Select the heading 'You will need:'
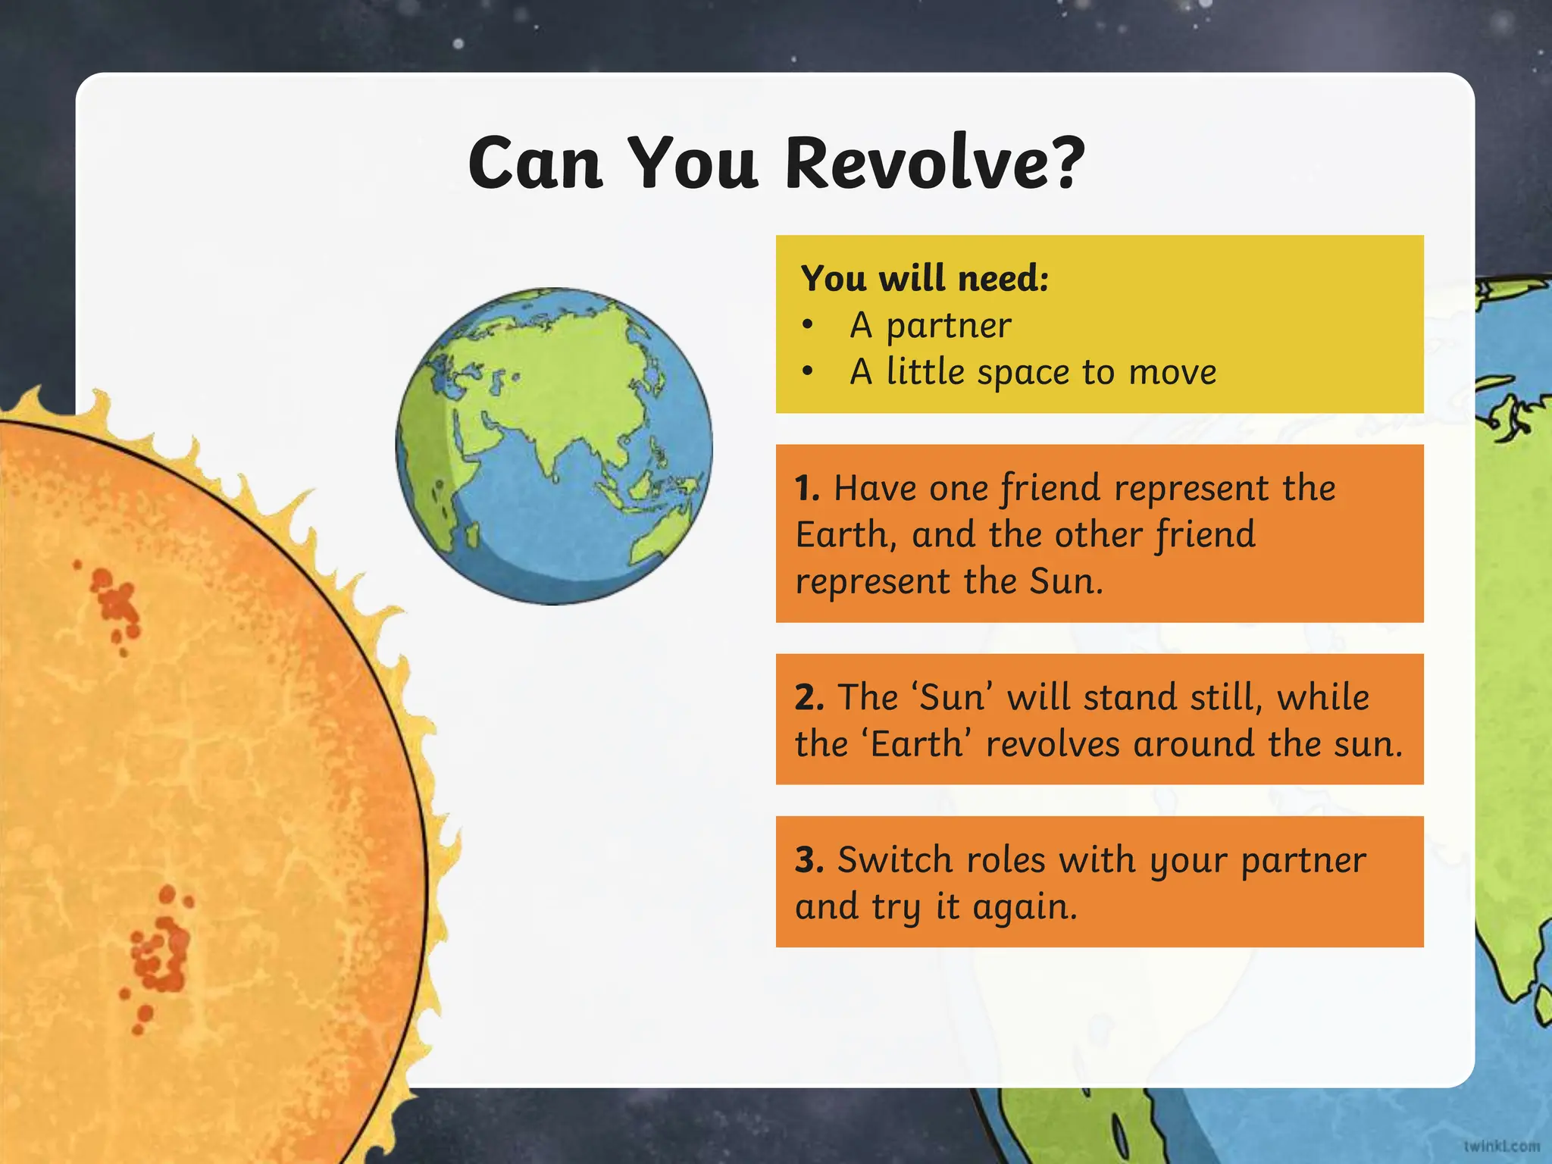click(925, 278)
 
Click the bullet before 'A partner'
click(808, 326)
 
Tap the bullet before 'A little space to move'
click(808, 372)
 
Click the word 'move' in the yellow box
click(1172, 372)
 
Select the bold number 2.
click(809, 697)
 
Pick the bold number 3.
click(809, 860)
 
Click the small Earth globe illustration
click(554, 446)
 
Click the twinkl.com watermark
click(1500, 1147)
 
